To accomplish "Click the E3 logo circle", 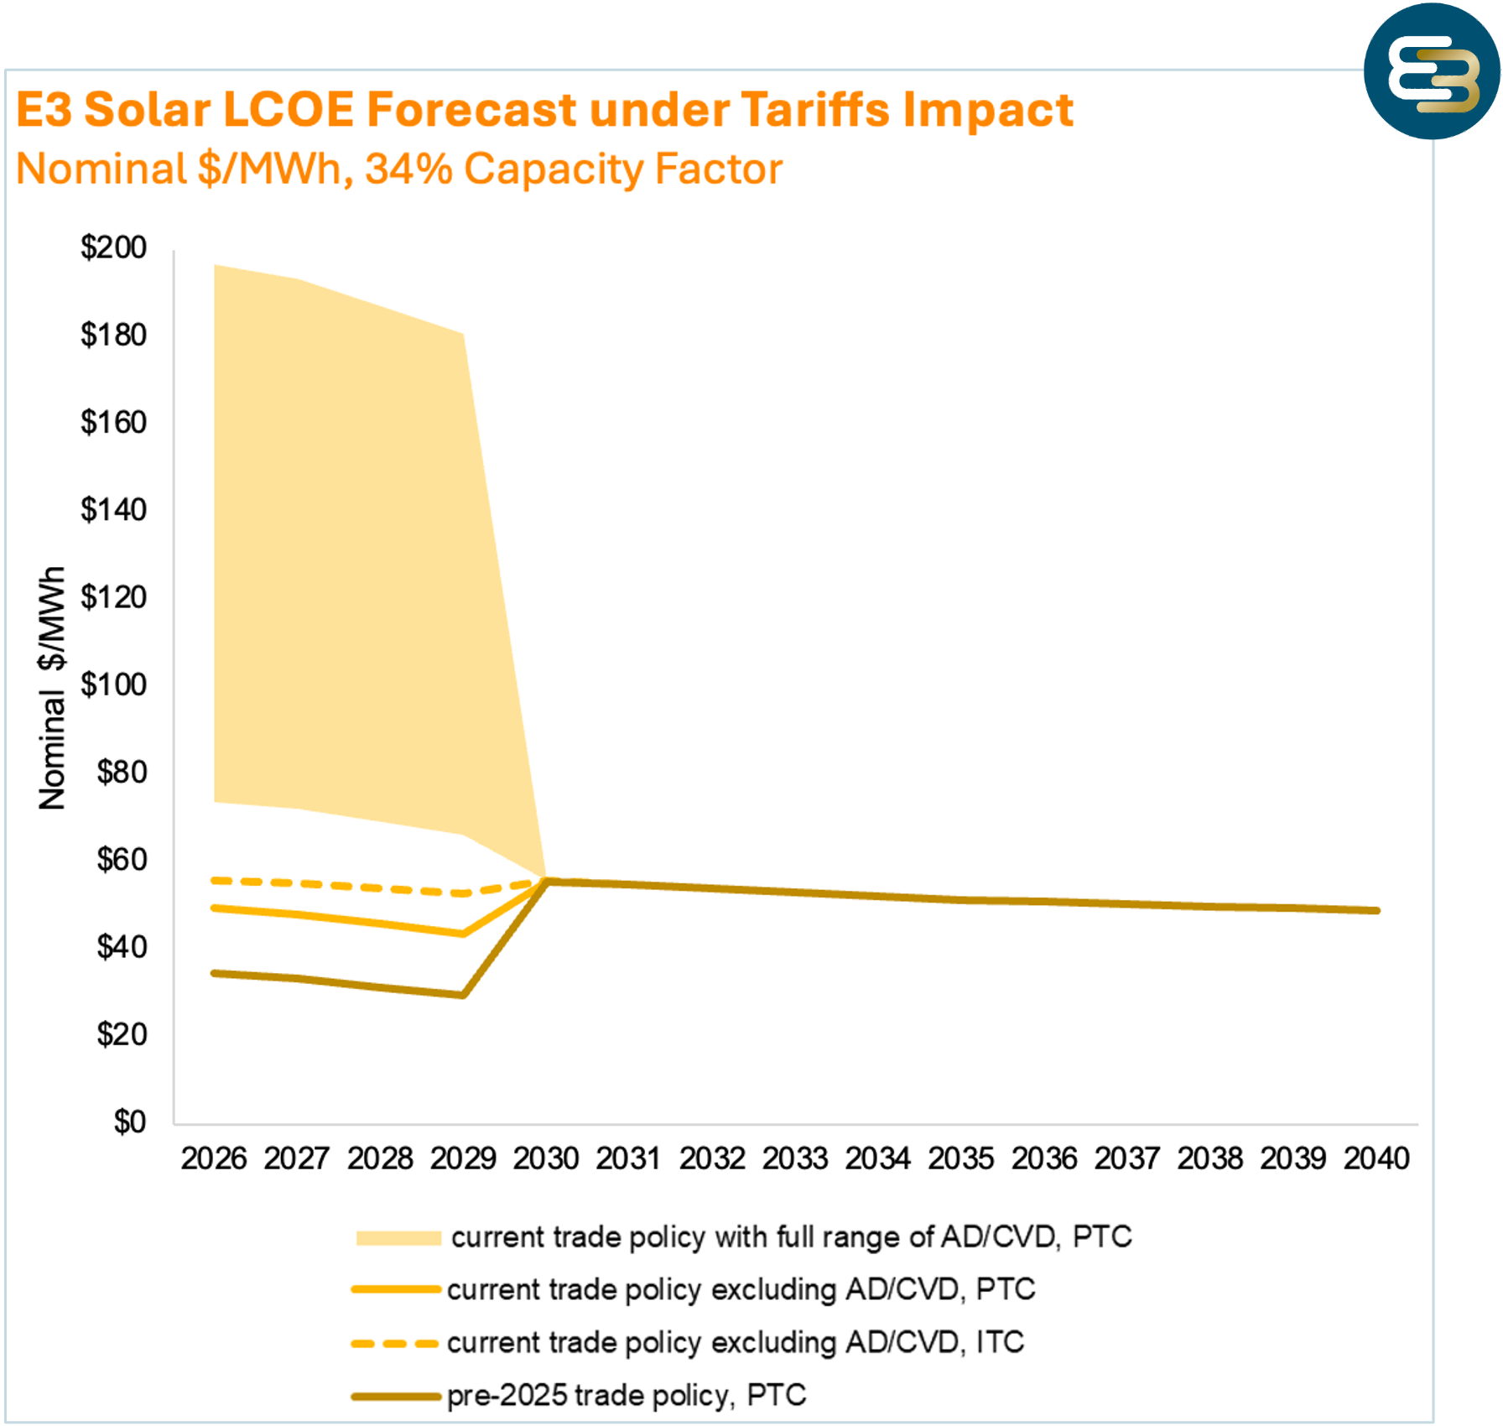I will click(1432, 71).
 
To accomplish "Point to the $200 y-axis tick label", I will click(113, 247).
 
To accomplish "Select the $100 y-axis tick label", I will click(113, 684).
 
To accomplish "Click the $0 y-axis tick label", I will click(129, 1122).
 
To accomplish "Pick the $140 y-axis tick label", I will click(113, 509).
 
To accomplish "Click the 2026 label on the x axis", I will click(214, 1158).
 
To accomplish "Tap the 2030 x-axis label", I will click(546, 1158).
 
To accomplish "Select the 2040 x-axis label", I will click(1376, 1158).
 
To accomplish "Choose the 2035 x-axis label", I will click(960, 1158).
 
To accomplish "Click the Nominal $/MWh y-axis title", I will click(52, 688).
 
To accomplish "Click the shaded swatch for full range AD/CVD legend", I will click(398, 1238).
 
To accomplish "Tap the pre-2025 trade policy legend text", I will click(626, 1395).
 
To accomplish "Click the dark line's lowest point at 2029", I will click(463, 995).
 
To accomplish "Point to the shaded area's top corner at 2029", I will click(463, 334).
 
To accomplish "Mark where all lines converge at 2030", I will click(547, 880).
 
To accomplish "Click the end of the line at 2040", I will click(1376, 910).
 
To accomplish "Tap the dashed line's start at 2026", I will click(215, 880).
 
